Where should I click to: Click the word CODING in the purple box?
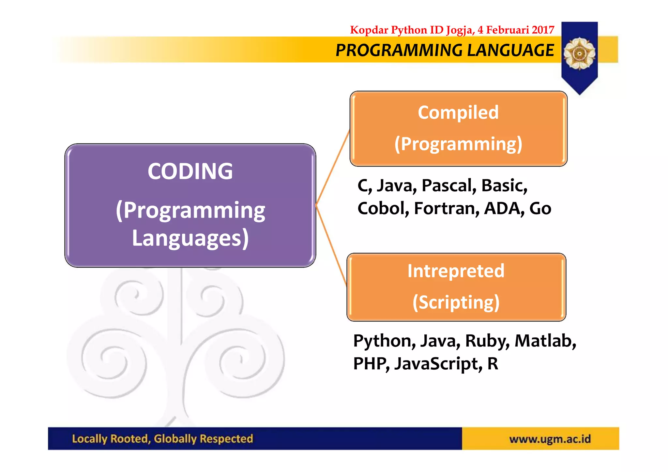coord(190,171)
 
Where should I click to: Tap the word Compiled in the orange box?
coord(458,113)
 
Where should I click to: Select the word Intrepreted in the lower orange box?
coord(456,271)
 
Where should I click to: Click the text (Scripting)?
coord(456,302)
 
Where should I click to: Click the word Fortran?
coord(447,209)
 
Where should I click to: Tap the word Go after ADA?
coord(540,209)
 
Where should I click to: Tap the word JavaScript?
coord(438,364)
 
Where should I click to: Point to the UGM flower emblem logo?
coord(579,53)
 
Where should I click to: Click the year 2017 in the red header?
coord(543,30)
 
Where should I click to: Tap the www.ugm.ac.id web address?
coord(550,439)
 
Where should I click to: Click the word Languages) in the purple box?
coord(190,238)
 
